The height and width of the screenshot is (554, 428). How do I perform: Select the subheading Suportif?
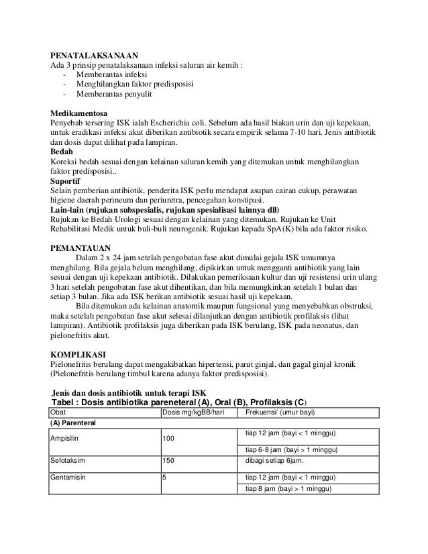[67, 181]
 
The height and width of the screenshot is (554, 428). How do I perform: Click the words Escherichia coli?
[195, 123]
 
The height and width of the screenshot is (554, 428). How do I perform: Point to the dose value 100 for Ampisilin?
[170, 438]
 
